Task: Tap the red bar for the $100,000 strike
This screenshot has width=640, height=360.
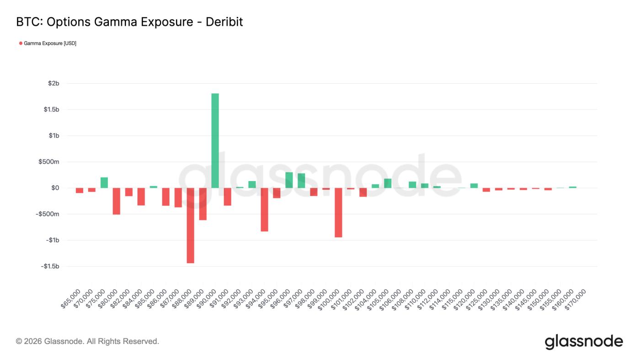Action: click(x=338, y=212)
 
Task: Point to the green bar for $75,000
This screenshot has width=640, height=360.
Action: click(x=104, y=183)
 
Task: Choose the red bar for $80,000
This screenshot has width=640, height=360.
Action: click(x=116, y=201)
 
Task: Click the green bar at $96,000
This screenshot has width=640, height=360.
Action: click(x=289, y=180)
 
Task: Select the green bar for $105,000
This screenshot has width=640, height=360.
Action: click(x=388, y=183)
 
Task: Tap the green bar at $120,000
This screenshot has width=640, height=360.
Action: click(x=474, y=185)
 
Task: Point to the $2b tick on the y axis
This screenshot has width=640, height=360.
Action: click(x=53, y=83)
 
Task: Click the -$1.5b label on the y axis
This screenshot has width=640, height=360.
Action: click(x=50, y=266)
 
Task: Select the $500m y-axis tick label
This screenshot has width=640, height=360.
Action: click(x=49, y=162)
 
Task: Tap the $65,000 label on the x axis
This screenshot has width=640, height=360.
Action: click(x=72, y=299)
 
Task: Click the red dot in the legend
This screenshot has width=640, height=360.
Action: click(x=21, y=43)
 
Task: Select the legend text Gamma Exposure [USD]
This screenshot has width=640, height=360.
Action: click(x=50, y=43)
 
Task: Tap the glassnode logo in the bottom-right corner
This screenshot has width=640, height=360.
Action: click(x=584, y=341)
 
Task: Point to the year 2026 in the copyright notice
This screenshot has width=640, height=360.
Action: click(x=33, y=341)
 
